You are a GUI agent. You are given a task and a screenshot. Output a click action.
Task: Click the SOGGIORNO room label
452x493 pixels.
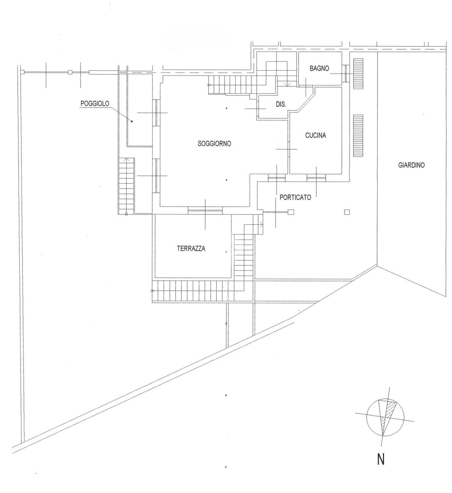(214, 144)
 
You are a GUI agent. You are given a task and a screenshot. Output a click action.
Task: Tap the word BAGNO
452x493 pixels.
(319, 69)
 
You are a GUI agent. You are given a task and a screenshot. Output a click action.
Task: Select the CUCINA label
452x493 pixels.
(315, 135)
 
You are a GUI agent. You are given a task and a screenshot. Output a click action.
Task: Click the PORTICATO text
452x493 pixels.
(295, 197)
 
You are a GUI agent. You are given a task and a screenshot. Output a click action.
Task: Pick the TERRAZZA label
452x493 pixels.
(191, 249)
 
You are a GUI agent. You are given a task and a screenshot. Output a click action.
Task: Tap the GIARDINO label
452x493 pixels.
(411, 166)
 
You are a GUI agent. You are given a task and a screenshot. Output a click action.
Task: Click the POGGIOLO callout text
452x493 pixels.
(95, 104)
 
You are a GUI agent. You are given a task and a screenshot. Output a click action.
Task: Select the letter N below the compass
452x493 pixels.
(381, 459)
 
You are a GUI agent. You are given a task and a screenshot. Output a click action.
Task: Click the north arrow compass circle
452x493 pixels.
(385, 417)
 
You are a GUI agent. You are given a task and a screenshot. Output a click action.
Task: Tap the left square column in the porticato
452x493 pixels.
(291, 212)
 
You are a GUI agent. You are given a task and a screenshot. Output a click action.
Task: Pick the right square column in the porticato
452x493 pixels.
(347, 212)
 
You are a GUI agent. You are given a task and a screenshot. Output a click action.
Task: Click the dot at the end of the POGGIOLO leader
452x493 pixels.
(132, 121)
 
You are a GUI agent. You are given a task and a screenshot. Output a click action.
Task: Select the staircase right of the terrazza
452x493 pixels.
(244, 257)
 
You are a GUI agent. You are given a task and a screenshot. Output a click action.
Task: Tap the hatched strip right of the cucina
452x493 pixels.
(358, 136)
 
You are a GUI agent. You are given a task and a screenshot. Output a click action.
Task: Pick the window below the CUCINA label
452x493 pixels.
(316, 177)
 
